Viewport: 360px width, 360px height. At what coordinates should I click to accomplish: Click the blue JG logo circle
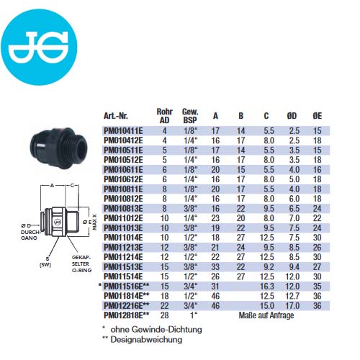(x=39, y=47)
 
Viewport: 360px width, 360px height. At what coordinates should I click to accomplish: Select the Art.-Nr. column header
(x=116, y=116)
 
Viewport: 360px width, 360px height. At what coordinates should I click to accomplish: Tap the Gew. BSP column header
(x=190, y=116)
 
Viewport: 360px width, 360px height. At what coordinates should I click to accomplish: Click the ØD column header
(x=292, y=116)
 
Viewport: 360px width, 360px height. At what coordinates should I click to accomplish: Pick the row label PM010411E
(x=123, y=131)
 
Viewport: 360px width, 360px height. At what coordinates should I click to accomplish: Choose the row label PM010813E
(x=123, y=208)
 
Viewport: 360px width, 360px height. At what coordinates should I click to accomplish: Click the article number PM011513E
(x=123, y=266)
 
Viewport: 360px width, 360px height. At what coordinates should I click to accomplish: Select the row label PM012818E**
(x=127, y=315)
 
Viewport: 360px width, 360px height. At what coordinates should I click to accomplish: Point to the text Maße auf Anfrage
(x=266, y=315)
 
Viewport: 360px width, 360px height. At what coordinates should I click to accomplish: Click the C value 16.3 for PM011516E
(x=267, y=286)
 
